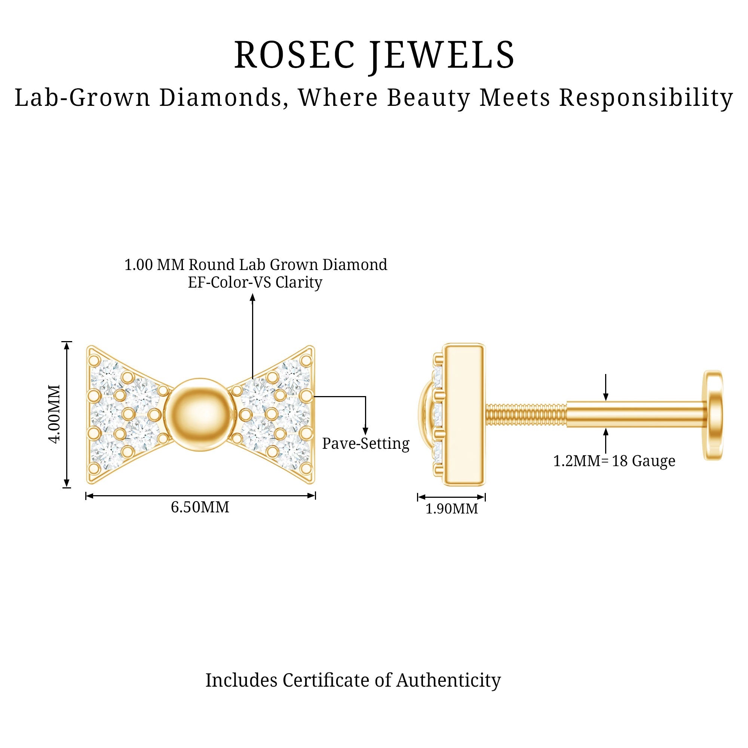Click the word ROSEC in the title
pos(294,55)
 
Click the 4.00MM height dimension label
pos(56,414)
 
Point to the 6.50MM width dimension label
pos(200,507)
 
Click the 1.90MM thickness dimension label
pos(451,509)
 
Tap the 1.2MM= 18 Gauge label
pos(614,461)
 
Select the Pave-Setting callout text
pos(365,443)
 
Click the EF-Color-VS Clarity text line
pos(255,282)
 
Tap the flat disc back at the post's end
pos(713,415)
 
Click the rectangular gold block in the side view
pos(464,414)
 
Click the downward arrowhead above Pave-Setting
pos(365,430)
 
